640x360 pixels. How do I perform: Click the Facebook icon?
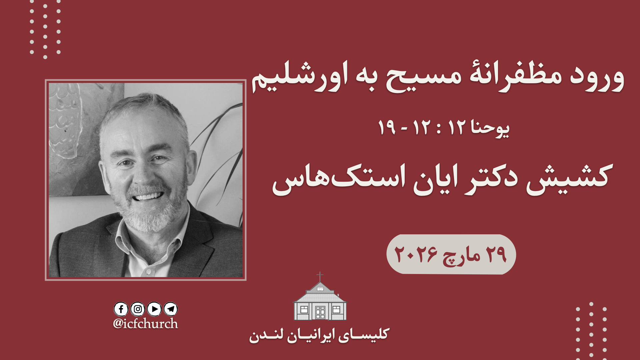[x=121, y=309]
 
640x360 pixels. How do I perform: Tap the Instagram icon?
[x=138, y=309]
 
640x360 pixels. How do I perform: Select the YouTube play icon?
[x=154, y=309]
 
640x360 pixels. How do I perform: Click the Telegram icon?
[x=171, y=309]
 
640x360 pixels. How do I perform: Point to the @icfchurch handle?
[x=146, y=324]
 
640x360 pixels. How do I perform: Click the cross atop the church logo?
[x=320, y=276]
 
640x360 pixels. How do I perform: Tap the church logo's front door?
[x=320, y=312]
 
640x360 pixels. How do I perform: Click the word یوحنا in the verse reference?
[x=490, y=128]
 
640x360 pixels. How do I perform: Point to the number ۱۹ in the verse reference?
[x=387, y=127]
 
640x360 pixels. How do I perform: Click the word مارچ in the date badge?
[x=461, y=257]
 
